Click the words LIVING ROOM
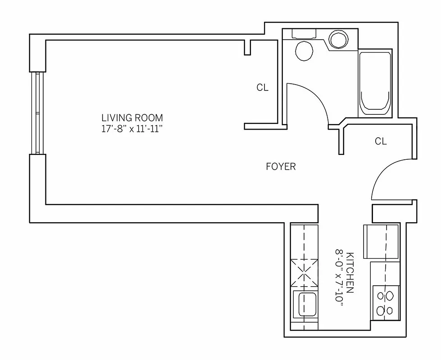click(x=132, y=118)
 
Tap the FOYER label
click(x=281, y=166)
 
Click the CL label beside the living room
click(x=262, y=88)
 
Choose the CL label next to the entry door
click(x=381, y=141)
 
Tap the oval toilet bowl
click(x=304, y=51)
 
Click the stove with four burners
click(x=385, y=303)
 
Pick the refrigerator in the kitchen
click(x=381, y=240)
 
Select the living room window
click(x=37, y=113)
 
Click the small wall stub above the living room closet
click(x=247, y=47)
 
